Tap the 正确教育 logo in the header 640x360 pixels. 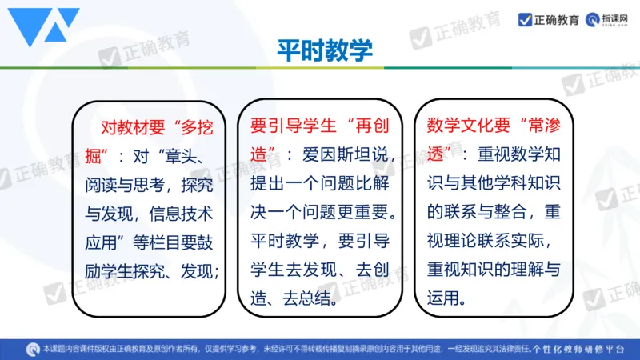(x=549, y=20)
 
